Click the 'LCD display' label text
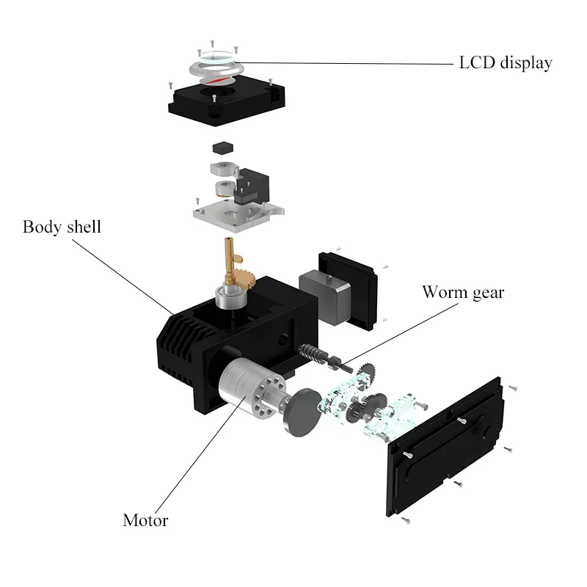click(506, 63)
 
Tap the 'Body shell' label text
click(62, 227)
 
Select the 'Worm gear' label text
click(463, 292)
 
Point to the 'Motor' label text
click(145, 520)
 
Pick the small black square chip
click(223, 147)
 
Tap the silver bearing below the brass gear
click(231, 297)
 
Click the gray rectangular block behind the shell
click(325, 295)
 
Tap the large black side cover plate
click(445, 447)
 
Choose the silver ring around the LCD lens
click(216, 70)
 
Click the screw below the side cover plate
click(406, 520)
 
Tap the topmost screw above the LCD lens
click(212, 44)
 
